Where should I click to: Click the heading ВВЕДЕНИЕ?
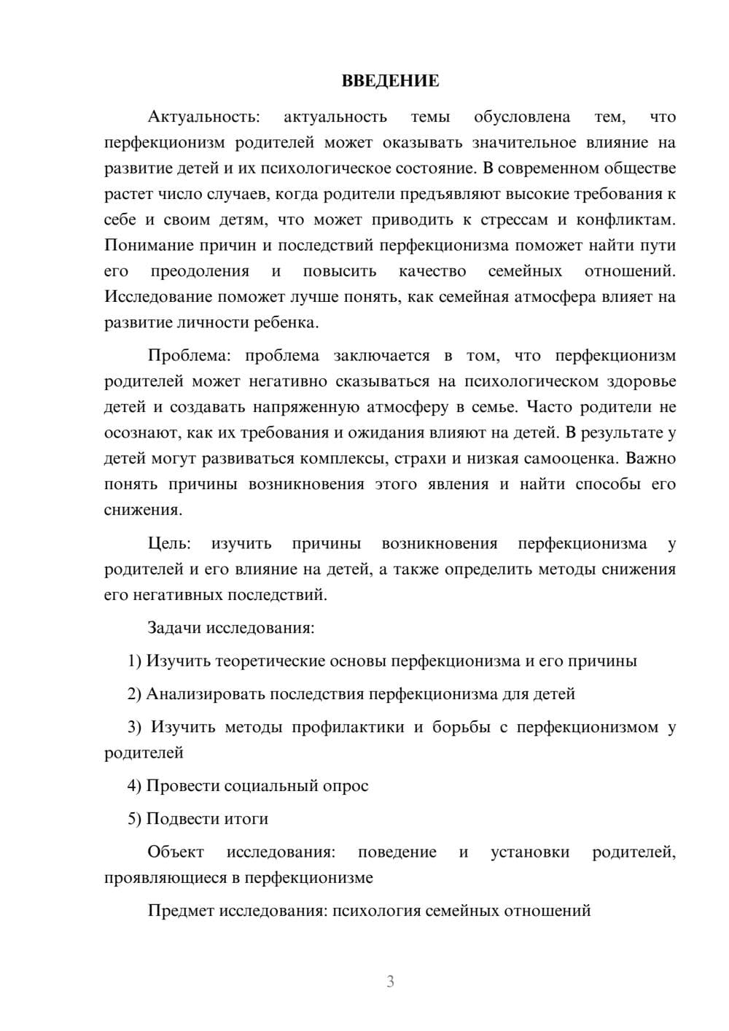(x=390, y=81)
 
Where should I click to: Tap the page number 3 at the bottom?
(x=390, y=981)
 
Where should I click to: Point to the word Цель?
(x=169, y=543)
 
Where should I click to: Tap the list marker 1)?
(x=135, y=661)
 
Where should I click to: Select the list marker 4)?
(x=135, y=785)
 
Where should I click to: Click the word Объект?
(x=176, y=852)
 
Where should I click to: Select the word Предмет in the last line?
(x=181, y=911)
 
